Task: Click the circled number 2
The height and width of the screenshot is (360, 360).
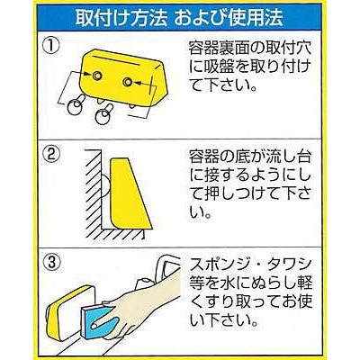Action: point(50,155)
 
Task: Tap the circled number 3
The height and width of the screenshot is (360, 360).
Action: point(50,263)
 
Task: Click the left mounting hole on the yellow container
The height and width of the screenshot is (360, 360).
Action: point(96,76)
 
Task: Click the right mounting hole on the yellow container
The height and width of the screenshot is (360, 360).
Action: point(127,82)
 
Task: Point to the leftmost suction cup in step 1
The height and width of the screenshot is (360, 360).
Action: point(75,106)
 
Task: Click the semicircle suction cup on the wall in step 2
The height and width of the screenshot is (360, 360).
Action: point(106,184)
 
